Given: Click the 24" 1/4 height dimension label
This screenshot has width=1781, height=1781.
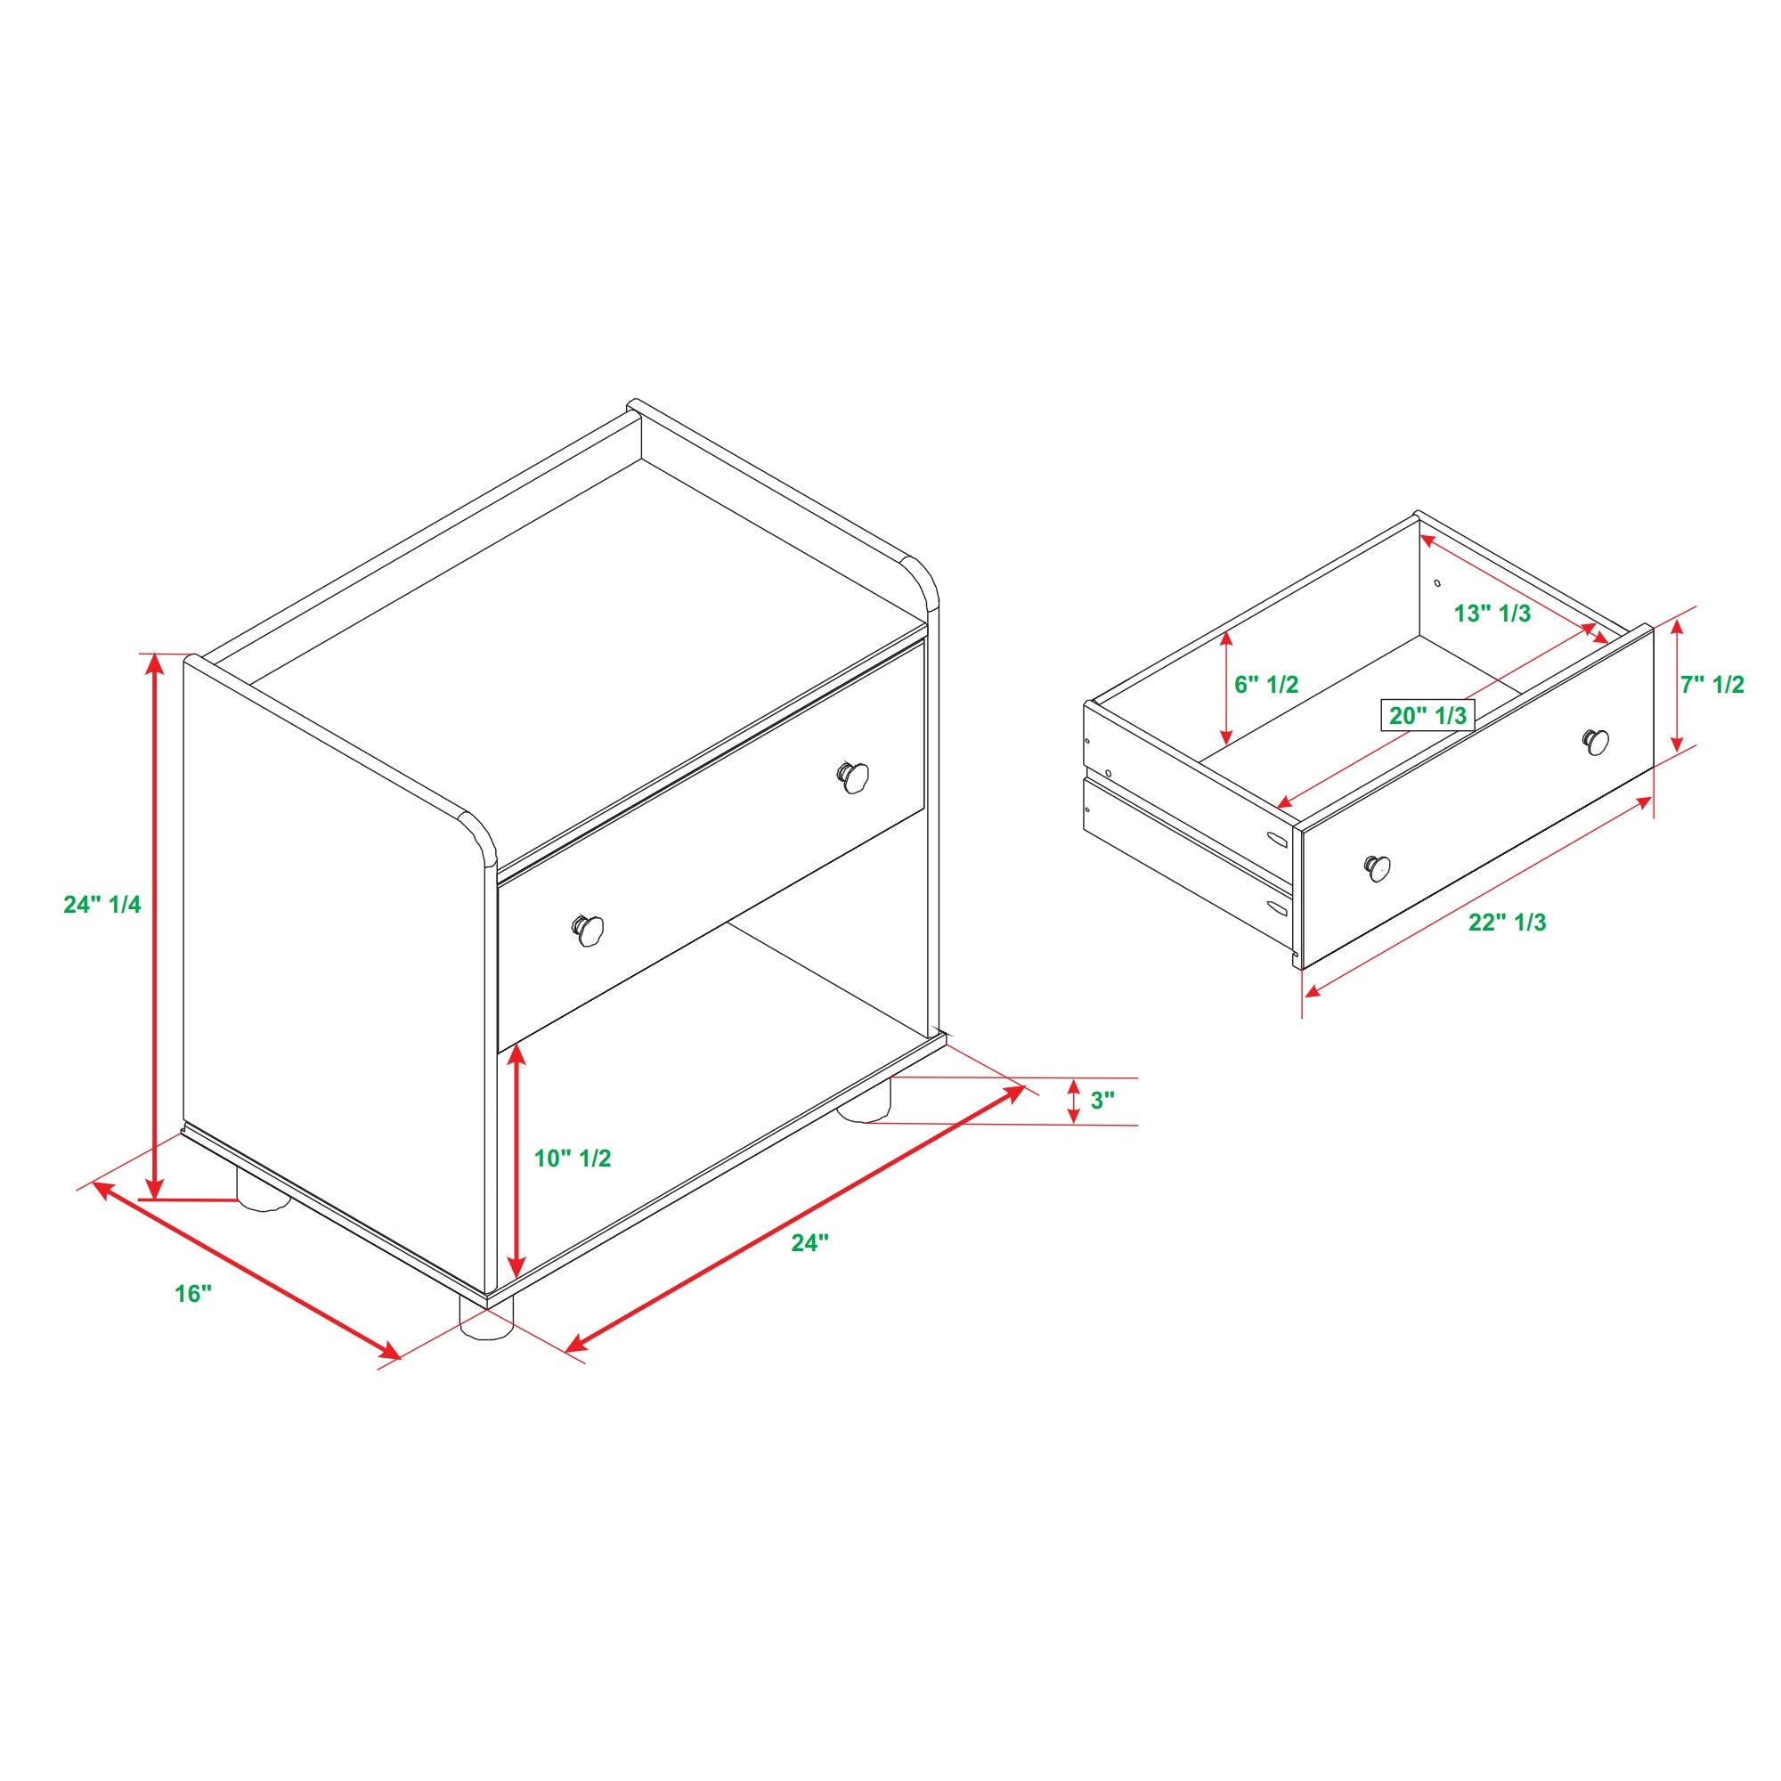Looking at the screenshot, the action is tap(102, 905).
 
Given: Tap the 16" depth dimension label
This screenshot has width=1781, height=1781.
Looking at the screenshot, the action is tap(193, 1294).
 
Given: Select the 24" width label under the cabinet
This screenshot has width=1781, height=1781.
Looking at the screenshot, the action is tap(810, 1242).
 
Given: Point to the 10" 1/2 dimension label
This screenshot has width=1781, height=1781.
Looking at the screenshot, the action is tap(573, 1158).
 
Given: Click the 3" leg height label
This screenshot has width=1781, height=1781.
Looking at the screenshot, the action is tap(1103, 1100).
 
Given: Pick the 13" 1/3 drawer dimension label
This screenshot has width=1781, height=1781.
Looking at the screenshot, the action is tap(1492, 613).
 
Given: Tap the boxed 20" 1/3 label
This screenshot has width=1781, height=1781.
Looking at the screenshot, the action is tap(1427, 714).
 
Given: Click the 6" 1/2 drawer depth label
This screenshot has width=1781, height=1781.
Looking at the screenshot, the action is tap(1266, 684).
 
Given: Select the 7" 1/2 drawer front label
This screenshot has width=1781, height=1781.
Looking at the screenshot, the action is tap(1712, 684).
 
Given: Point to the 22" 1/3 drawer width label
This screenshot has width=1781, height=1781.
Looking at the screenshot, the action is tap(1509, 922).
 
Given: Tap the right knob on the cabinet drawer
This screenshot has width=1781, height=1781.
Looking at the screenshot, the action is tap(854, 776).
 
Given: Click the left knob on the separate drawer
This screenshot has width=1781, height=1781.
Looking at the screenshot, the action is tap(1378, 866).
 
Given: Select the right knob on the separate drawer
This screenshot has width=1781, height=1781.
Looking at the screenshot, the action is tap(1597, 741).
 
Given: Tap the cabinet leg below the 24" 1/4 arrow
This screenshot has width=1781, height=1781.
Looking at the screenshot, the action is tap(264, 1189).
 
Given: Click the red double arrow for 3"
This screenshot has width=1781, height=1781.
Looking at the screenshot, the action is tap(1074, 1101).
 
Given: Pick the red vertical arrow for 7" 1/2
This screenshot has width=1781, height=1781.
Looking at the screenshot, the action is tap(1678, 685).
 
